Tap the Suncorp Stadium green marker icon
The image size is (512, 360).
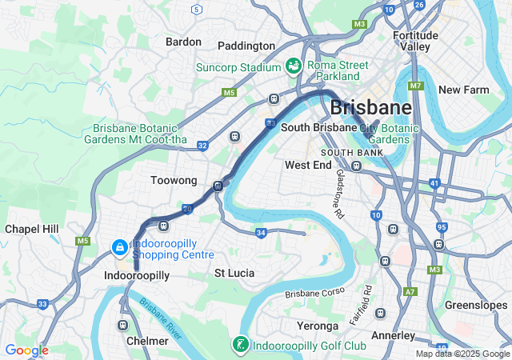coord(293,65)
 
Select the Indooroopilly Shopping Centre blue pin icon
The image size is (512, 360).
coord(119,248)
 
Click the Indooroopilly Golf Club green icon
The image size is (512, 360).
coord(238,345)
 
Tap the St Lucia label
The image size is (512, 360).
coord(234,273)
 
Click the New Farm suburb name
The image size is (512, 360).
coord(463,90)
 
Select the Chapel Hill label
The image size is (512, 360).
coord(32,229)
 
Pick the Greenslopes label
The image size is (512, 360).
coord(476,305)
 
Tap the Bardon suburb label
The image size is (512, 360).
coord(182,41)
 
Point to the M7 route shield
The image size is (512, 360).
coord(414,86)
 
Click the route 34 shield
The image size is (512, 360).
coord(261,233)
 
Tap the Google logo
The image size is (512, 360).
coord(26,350)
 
